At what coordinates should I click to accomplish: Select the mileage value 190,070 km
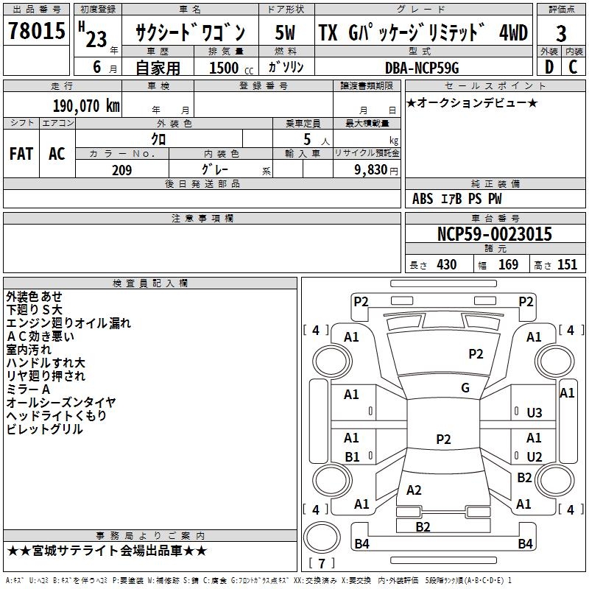86,105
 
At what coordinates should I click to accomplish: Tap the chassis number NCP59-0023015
494,235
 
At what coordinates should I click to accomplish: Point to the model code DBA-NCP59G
422,68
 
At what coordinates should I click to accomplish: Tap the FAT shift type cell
21,154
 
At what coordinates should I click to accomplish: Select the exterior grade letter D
549,68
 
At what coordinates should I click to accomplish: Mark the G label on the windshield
465,388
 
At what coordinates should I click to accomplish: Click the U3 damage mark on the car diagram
535,412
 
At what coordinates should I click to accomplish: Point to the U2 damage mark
535,456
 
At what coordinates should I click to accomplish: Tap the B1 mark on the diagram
352,456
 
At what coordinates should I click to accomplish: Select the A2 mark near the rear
414,490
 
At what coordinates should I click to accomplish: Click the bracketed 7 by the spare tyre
322,563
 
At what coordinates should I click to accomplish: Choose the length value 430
446,265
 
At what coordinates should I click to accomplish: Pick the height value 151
567,265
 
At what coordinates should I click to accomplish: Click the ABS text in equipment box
423,199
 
